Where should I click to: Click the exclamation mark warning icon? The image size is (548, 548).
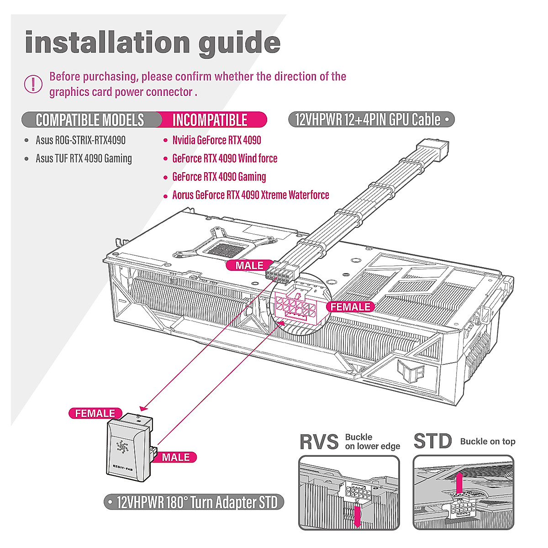33,84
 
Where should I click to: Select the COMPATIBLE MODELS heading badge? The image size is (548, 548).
90,120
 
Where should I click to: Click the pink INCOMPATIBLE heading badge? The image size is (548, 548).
210,120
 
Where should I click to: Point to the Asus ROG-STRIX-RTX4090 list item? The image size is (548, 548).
80,140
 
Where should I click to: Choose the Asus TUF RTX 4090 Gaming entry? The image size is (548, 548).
84,158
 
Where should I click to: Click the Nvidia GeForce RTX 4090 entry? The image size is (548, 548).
216,140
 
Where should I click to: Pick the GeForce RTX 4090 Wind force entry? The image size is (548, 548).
225,158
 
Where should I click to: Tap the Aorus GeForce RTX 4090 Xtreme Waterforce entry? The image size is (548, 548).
250,195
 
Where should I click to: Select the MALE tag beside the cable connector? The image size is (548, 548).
249,265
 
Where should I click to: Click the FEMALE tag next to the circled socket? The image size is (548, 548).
350,307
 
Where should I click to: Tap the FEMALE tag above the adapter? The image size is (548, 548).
95,413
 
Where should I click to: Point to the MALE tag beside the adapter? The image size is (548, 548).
175,457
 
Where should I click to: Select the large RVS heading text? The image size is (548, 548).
319,442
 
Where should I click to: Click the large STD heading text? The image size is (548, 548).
432,442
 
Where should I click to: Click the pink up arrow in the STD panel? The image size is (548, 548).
460,482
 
